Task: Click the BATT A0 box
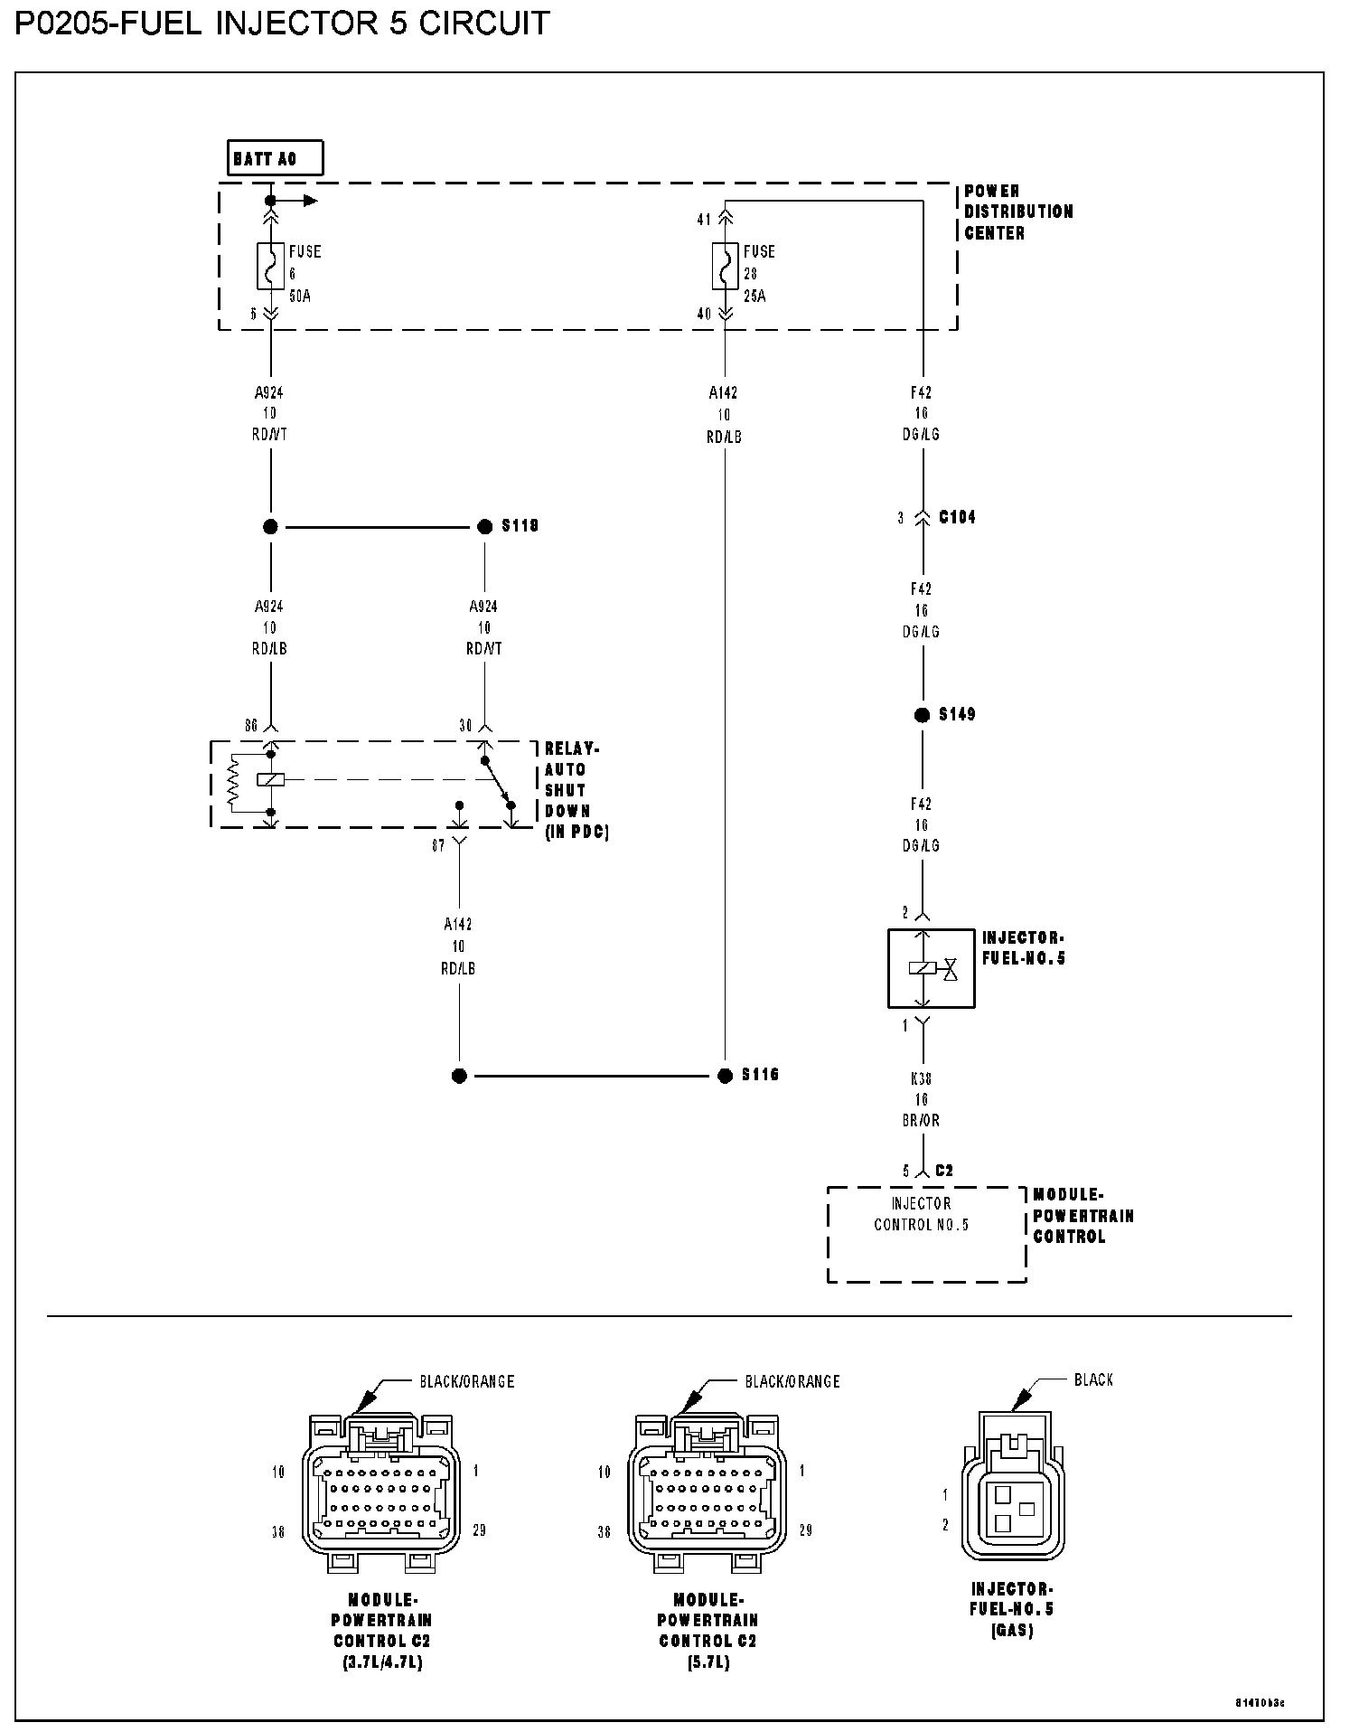[275, 159]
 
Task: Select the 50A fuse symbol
[270, 266]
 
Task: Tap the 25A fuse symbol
[724, 266]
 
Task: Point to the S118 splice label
[520, 526]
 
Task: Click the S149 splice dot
[922, 715]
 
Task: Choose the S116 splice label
[760, 1075]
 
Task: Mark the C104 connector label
[957, 518]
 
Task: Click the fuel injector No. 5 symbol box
[931, 968]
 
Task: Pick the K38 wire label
[922, 1078]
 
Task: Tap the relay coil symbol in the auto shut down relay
[270, 779]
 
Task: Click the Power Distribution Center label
[1018, 212]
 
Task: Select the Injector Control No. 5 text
[921, 1214]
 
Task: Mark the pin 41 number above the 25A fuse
[704, 219]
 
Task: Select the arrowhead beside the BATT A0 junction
[310, 201]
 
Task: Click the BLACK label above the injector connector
[1093, 1379]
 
